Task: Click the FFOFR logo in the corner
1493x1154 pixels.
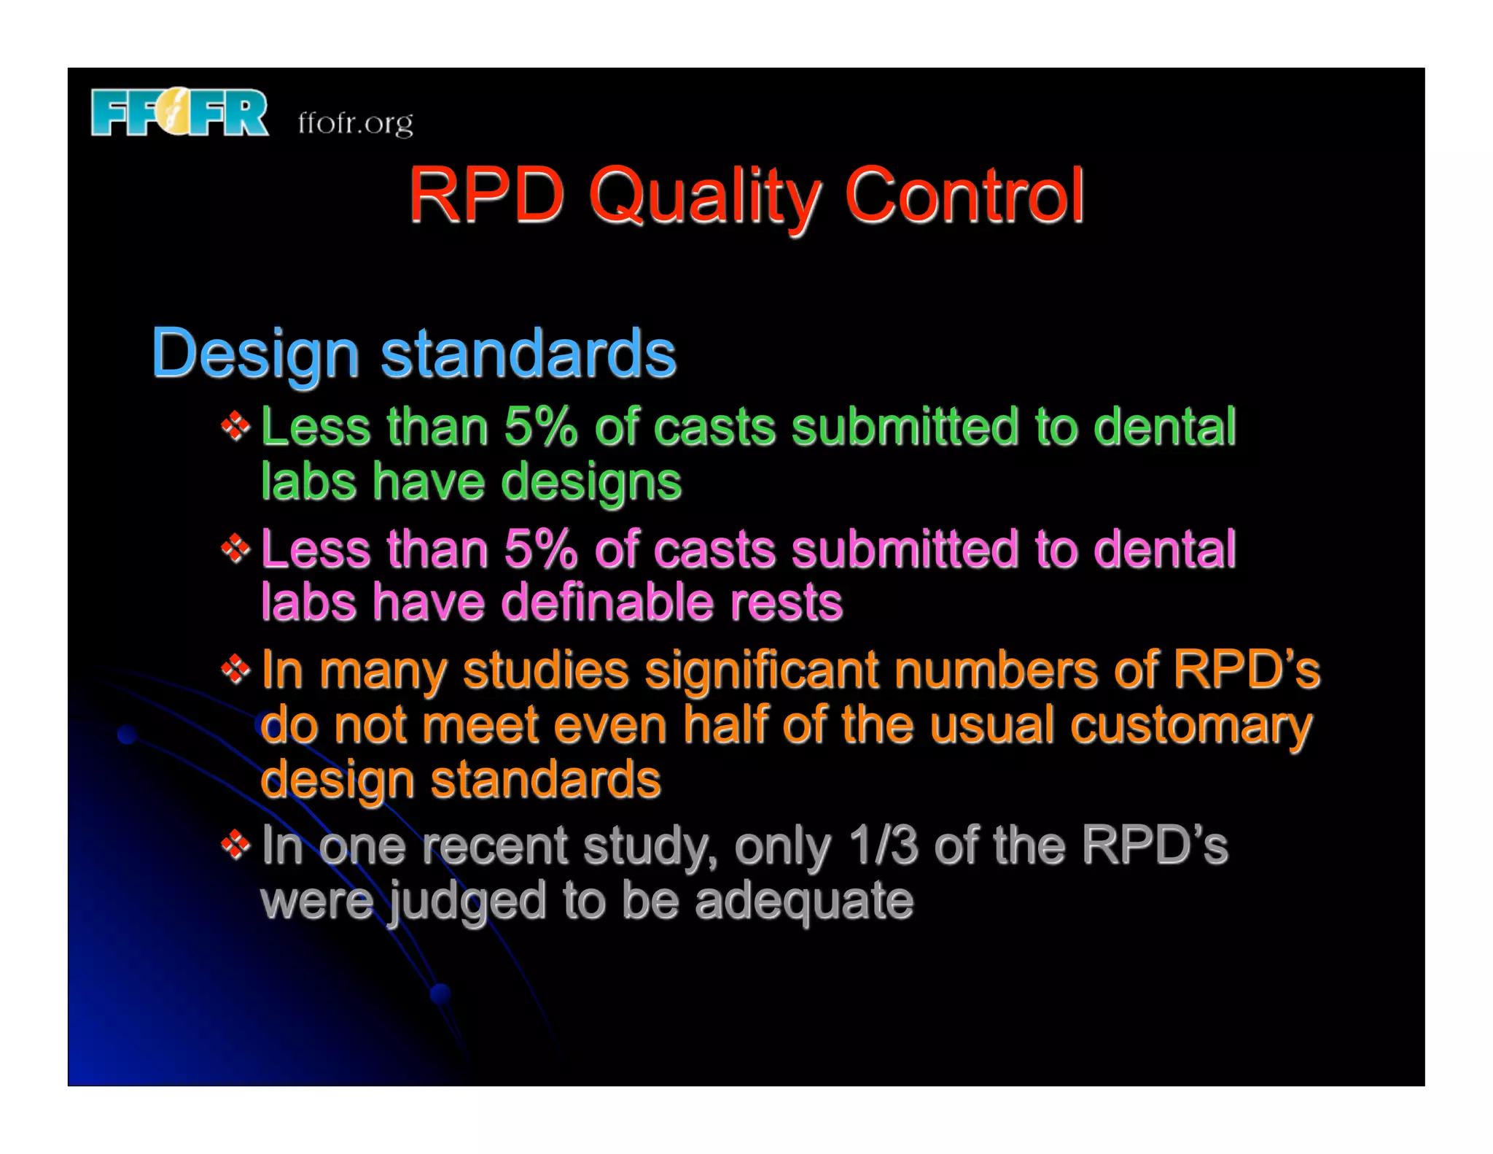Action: [179, 112]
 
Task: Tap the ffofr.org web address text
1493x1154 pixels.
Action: [355, 123]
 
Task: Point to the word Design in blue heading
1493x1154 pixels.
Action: [255, 353]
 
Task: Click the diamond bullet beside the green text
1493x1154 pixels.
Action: [235, 426]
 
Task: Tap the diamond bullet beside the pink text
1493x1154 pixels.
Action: [235, 548]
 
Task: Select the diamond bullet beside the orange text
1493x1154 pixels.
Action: [235, 669]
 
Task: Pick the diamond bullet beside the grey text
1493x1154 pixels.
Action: [235, 845]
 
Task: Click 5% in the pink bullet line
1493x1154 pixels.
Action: [540, 548]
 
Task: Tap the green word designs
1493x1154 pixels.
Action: [591, 483]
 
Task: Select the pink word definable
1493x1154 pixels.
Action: [607, 603]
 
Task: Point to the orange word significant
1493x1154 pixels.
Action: [761, 670]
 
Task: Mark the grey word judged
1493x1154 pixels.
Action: [467, 902]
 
